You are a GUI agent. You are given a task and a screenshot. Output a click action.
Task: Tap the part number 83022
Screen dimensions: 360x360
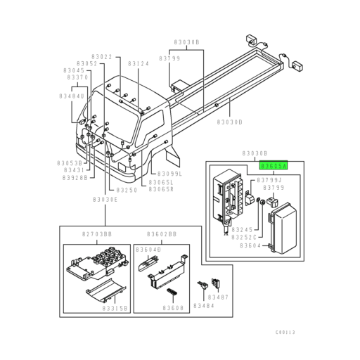[102, 56]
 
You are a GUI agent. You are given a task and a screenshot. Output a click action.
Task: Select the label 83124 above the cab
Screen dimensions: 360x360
[139, 63]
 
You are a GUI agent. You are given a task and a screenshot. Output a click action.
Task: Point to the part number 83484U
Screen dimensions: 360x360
[71, 96]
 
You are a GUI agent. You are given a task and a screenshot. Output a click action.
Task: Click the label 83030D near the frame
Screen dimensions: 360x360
[229, 122]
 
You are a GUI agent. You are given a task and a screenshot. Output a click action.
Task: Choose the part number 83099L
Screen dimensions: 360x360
[169, 173]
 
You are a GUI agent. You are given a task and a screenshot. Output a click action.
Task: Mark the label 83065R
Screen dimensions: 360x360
[161, 189]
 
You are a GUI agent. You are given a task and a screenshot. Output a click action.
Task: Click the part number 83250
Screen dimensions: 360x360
[127, 190]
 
